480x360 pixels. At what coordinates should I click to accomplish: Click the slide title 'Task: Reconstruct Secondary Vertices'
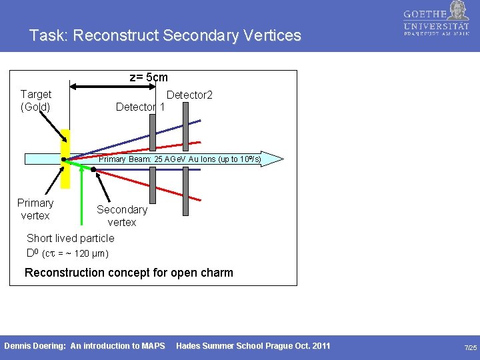[165, 35]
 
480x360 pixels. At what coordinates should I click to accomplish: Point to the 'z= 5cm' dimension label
[148, 77]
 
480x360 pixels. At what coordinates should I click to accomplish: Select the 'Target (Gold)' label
[36, 100]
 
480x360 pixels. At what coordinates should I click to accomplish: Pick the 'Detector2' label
[189, 95]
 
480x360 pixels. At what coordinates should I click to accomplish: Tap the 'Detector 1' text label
[140, 107]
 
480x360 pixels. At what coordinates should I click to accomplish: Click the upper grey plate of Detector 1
[153, 132]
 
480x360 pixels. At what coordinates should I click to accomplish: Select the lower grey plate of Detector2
[186, 191]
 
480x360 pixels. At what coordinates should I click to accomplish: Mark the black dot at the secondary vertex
[94, 170]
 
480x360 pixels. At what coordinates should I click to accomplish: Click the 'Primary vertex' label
[35, 209]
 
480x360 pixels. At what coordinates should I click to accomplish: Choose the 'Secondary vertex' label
[121, 215]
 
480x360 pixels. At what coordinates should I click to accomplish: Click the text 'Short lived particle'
[70, 238]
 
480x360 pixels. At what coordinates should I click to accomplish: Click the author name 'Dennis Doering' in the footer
[35, 345]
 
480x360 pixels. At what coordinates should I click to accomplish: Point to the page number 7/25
[470, 347]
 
